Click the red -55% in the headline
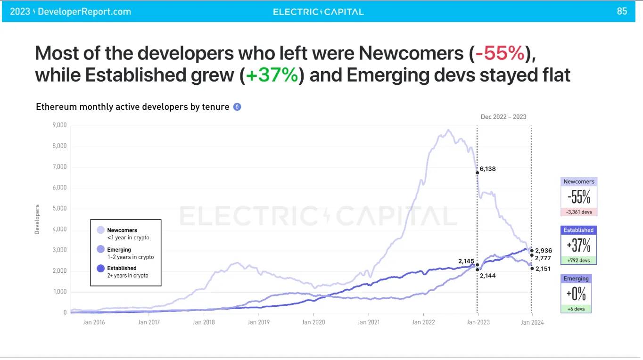coord(500,54)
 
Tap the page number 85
coord(622,11)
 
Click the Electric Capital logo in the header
coord(318,12)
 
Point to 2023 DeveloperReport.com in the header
coord(71,12)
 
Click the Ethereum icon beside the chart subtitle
coord(237,107)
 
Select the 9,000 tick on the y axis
coord(59,125)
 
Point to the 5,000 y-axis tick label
coord(59,209)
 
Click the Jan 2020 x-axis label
coord(313,322)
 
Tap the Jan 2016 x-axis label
coord(93,322)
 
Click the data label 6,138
coord(488,169)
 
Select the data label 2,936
coord(544,251)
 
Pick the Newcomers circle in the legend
coord(100,230)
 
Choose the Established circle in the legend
coord(100,269)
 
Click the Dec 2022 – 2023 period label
coord(503,117)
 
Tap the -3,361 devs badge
coord(579,212)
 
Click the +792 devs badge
coord(578,261)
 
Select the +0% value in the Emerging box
coord(576,295)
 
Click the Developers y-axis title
coord(37,219)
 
